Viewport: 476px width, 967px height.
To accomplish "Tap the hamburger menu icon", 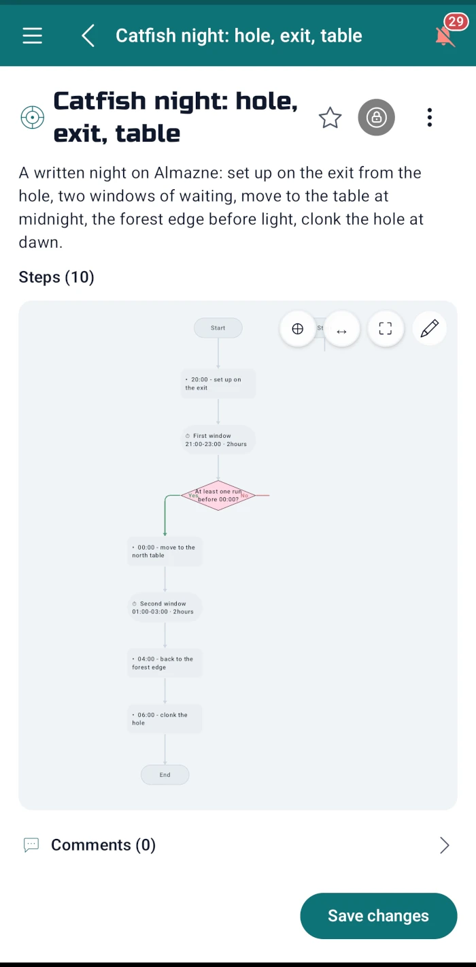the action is [33, 35].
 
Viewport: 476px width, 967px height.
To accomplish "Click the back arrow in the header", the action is [88, 35].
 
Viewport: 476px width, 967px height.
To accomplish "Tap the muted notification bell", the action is [445, 36].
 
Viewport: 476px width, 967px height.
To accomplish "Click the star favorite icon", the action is [330, 117].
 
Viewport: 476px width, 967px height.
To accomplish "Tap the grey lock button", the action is [377, 117].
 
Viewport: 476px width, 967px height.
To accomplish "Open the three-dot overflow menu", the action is [430, 117].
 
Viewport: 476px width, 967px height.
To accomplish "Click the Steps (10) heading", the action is [56, 277].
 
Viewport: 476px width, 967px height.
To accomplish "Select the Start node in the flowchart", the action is [218, 328].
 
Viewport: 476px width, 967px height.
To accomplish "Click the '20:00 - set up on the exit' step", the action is [218, 383].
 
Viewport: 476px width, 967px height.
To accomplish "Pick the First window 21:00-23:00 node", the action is [218, 439].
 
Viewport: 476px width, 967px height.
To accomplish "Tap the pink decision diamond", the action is [218, 495].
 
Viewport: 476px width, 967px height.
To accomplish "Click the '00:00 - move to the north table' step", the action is [165, 552].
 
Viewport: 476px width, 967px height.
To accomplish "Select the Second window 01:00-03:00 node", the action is [165, 607].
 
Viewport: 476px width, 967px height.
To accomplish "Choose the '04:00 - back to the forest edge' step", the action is [165, 663].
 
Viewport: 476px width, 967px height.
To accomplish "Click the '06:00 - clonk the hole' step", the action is [165, 718].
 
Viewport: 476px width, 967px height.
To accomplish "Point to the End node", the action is [165, 775].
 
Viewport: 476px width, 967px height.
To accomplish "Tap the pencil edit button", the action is [430, 328].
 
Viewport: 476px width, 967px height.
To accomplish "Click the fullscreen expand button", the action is [386, 328].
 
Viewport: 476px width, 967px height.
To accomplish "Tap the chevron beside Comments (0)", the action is [445, 845].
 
